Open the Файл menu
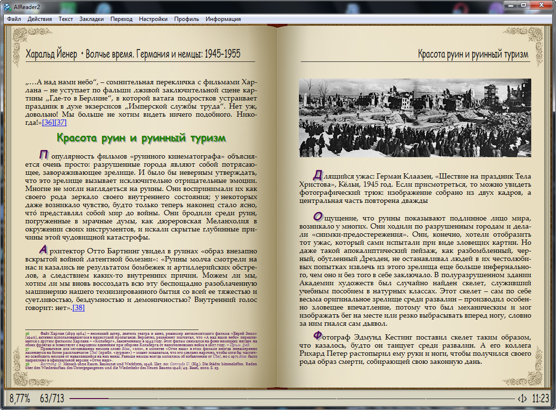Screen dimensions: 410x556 (14, 19)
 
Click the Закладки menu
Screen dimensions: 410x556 (91, 19)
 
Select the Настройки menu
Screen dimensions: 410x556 (153, 19)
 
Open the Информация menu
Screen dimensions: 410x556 (223, 19)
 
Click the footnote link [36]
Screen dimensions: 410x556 (48, 122)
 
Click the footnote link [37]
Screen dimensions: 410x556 (60, 122)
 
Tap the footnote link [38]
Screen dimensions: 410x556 (79, 307)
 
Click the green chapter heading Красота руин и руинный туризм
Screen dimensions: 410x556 (141, 138)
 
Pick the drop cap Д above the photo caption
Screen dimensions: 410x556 (318, 175)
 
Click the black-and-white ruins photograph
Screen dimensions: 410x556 (415, 118)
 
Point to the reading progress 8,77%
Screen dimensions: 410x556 (20, 398)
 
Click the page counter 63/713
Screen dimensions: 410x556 (52, 398)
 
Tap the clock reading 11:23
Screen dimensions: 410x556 (540, 398)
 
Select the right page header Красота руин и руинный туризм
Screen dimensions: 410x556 (473, 54)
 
